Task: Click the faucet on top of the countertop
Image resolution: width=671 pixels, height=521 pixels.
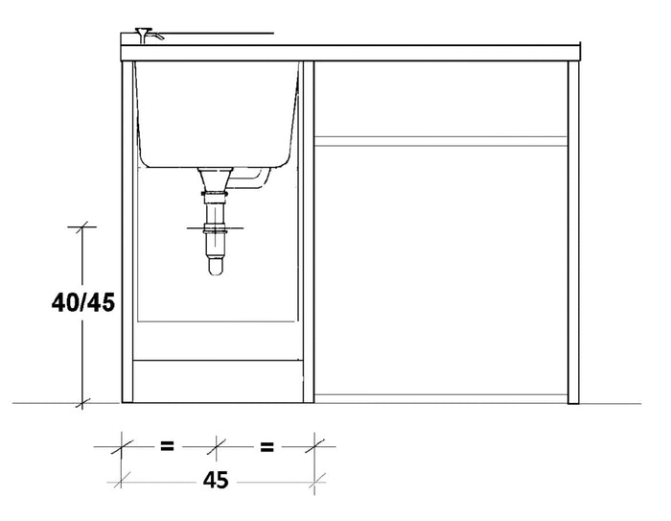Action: click(x=146, y=36)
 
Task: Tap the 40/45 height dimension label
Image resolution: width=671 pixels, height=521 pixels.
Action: click(x=83, y=303)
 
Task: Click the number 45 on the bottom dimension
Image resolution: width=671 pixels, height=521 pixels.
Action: click(x=217, y=481)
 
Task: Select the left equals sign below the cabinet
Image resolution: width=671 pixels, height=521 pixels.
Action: click(x=166, y=446)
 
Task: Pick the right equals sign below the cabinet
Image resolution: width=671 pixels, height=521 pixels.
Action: click(x=267, y=446)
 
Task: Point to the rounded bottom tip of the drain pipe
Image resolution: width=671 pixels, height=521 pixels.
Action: click(x=217, y=272)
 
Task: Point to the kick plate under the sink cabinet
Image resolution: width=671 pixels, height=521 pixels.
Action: click(x=217, y=380)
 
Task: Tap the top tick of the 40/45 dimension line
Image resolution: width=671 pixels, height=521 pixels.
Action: click(x=81, y=226)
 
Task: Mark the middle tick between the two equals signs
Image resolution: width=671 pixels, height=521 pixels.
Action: click(x=218, y=446)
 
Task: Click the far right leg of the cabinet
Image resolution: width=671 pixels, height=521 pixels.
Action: click(x=574, y=230)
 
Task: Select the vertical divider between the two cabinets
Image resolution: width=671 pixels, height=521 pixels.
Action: click(x=309, y=230)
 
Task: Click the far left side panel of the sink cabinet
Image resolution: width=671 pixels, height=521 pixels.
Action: click(x=126, y=230)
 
